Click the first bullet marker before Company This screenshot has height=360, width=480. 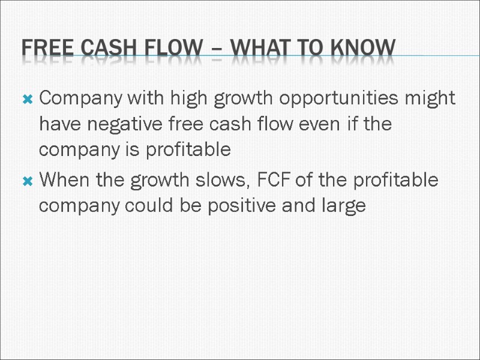click(x=27, y=99)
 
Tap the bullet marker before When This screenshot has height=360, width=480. click(x=27, y=181)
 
